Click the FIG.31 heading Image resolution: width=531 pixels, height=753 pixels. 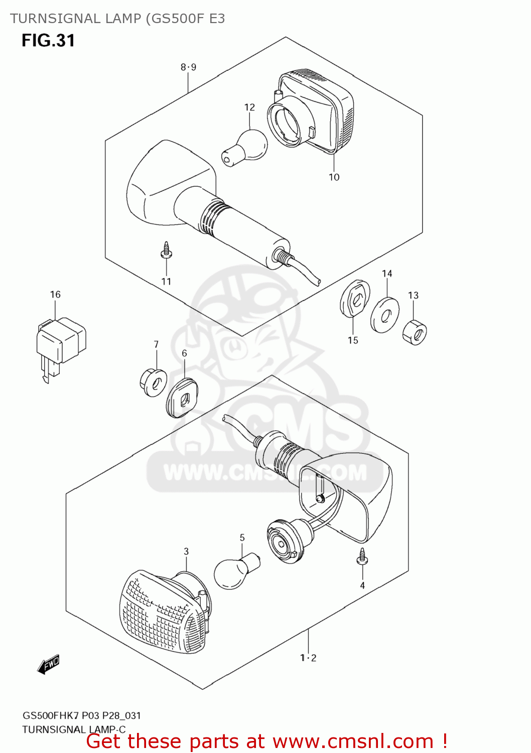pyautogui.click(x=48, y=41)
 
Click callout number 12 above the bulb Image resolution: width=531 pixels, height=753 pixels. pyautogui.click(x=249, y=107)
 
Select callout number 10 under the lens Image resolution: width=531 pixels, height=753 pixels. pyautogui.click(x=334, y=177)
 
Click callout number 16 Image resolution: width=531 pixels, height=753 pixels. pyautogui.click(x=55, y=295)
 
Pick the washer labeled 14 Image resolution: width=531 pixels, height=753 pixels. pyautogui.click(x=385, y=315)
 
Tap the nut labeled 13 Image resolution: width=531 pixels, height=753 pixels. pyautogui.click(x=415, y=332)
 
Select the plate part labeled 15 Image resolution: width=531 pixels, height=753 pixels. pyautogui.click(x=355, y=299)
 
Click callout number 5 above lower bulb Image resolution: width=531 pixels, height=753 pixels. pyautogui.click(x=242, y=538)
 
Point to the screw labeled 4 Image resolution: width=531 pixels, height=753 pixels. pyautogui.click(x=361, y=558)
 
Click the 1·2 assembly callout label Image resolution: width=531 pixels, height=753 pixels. pyautogui.click(x=308, y=658)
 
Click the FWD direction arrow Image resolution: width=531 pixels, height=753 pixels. pyautogui.click(x=49, y=665)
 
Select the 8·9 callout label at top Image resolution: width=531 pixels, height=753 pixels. pyautogui.click(x=188, y=67)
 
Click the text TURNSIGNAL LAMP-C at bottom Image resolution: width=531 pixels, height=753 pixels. pyautogui.click(x=74, y=729)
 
